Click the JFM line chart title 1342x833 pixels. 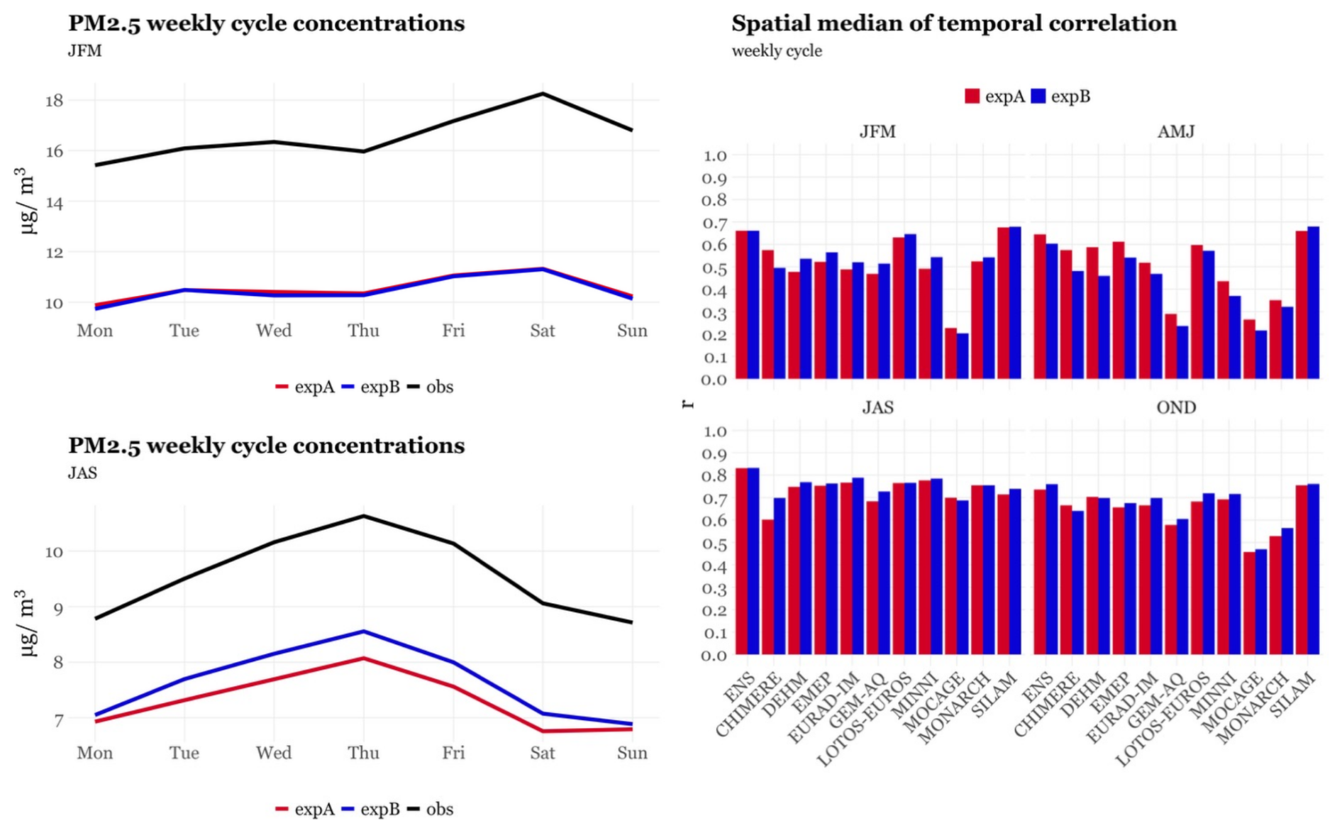[x=266, y=23]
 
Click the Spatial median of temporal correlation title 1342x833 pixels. [x=953, y=23]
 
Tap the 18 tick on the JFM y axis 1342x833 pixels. [x=54, y=100]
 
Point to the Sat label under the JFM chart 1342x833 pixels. [x=543, y=331]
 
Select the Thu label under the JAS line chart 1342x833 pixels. [x=363, y=753]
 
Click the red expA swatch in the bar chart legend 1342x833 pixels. [x=972, y=96]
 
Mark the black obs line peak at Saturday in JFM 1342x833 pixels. [x=543, y=94]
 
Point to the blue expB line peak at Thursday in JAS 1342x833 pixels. [x=363, y=631]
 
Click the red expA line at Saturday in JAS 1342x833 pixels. [x=543, y=731]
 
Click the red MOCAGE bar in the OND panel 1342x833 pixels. [x=1249, y=603]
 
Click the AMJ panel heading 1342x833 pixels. [x=1175, y=131]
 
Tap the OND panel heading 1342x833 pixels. [x=1175, y=407]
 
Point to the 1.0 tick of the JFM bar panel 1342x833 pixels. [x=715, y=155]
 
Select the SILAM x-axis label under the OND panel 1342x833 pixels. [x=1294, y=695]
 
